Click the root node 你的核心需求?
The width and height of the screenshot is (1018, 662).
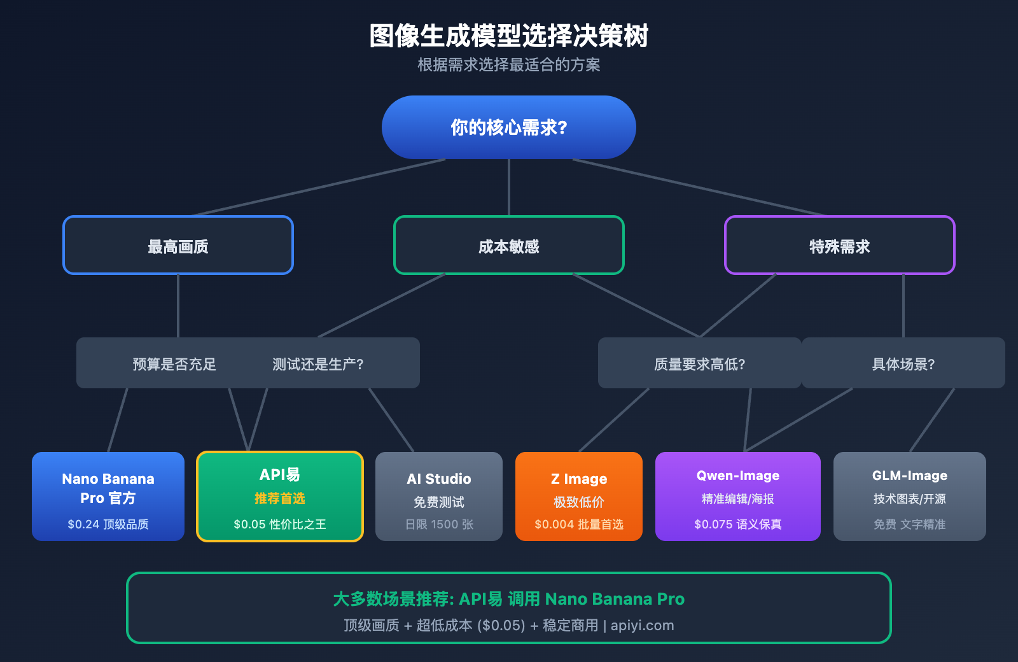point(509,127)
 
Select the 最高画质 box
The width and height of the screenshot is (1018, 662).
point(178,246)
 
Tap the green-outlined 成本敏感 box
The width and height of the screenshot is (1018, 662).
point(509,246)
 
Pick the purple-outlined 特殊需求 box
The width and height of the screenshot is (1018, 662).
point(840,246)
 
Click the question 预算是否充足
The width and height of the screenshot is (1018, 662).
point(174,364)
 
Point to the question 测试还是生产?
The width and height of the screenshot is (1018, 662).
point(318,364)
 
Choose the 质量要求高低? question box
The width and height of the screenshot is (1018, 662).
point(699,363)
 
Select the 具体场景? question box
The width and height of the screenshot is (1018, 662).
point(903,363)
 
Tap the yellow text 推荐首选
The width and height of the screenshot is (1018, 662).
point(280,498)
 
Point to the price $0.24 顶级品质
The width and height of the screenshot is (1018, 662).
point(108,525)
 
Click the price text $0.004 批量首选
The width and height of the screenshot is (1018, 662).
point(579,525)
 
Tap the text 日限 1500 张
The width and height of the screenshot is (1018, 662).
point(439,525)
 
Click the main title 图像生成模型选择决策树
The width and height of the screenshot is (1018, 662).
point(509,36)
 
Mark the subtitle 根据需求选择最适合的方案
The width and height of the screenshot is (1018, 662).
point(509,65)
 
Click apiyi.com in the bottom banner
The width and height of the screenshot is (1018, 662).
point(642,626)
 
